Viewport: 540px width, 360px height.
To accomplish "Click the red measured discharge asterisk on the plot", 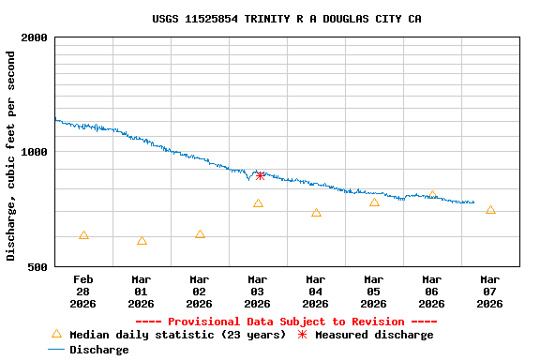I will [x=260, y=175].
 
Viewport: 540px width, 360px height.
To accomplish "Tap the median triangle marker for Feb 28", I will [x=83, y=235].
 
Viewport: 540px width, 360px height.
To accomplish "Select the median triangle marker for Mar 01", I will [x=142, y=241].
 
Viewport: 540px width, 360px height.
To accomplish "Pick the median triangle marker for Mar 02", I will [x=200, y=234].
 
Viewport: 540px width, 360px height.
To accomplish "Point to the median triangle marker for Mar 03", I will [x=258, y=203].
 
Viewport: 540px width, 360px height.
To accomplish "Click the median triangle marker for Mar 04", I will [x=316, y=213].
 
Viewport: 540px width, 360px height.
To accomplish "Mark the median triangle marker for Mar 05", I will [x=374, y=202].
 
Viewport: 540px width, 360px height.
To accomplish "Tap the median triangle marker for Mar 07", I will [x=490, y=210].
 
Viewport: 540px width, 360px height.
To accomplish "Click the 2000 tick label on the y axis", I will [x=35, y=37].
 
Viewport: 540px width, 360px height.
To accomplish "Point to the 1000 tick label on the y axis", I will [x=35, y=152].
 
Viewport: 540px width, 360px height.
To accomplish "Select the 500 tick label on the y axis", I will [x=38, y=267].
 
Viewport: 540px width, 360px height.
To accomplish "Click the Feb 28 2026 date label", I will [x=83, y=292].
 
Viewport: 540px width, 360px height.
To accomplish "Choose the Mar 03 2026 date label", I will [x=258, y=292].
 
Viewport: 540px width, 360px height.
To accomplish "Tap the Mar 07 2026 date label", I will [x=490, y=292].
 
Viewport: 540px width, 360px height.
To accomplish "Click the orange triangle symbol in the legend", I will [x=56, y=334].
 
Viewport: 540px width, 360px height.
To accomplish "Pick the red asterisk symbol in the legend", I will [x=302, y=335].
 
